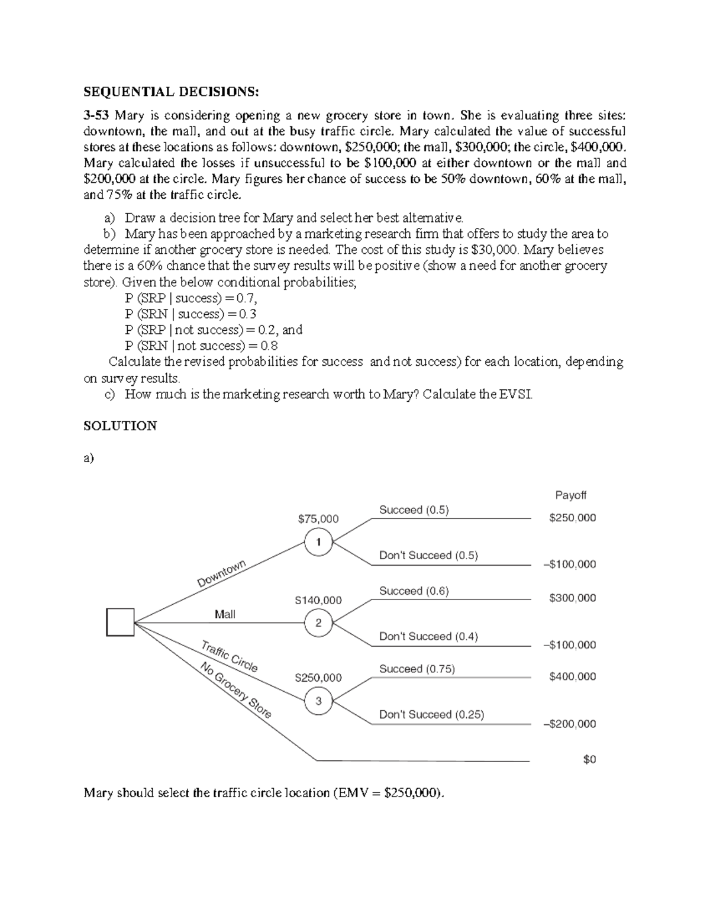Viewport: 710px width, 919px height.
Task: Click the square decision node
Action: (x=120, y=622)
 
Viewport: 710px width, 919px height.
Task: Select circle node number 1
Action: (x=318, y=542)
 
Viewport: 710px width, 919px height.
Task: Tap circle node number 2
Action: (x=318, y=623)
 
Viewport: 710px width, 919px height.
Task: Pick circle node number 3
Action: (x=318, y=701)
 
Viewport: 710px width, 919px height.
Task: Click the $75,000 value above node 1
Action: (x=318, y=519)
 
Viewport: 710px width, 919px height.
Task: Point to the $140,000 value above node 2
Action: (x=318, y=600)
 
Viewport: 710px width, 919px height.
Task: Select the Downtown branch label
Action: (x=221, y=574)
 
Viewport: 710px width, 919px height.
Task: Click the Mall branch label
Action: (x=225, y=614)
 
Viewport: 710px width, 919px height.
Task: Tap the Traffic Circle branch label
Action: (x=230, y=656)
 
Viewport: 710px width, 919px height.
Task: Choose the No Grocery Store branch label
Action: (x=235, y=691)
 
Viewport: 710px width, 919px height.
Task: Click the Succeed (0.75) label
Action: (x=417, y=669)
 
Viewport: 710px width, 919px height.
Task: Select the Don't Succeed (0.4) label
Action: (x=428, y=636)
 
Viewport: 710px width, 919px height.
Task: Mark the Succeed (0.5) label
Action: (x=414, y=510)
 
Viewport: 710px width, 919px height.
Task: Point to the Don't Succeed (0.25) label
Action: (x=431, y=714)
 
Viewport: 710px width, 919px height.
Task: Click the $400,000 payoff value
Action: (x=572, y=676)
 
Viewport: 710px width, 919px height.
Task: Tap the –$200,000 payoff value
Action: (x=569, y=724)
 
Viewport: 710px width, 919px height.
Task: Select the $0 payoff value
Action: (x=589, y=759)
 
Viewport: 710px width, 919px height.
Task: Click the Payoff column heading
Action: (x=570, y=495)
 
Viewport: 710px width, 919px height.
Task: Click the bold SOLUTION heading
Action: (x=120, y=425)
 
